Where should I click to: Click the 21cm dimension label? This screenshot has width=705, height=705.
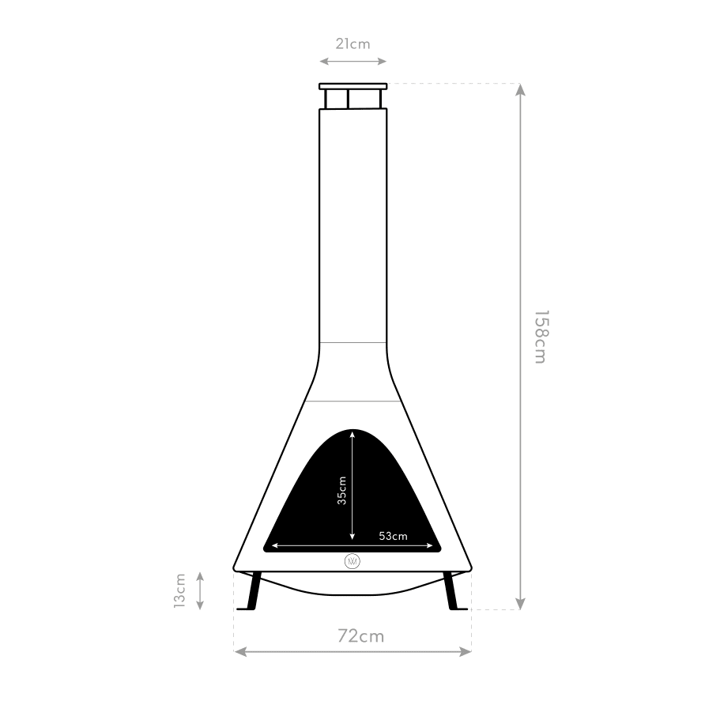pos(353,44)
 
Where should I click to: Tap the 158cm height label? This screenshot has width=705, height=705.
pos(541,337)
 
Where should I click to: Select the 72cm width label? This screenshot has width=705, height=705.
pos(361,636)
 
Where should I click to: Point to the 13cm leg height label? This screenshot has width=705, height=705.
pos(180,591)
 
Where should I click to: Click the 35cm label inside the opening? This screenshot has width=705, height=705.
pos(342,491)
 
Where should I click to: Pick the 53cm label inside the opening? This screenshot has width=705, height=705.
pos(393,536)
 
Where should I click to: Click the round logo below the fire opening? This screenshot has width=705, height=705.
pos(352,561)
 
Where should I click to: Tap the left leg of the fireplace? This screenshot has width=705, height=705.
pos(251,591)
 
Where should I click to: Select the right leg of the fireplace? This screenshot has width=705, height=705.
pos(453,591)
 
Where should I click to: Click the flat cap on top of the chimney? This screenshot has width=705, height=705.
pos(353,86)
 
